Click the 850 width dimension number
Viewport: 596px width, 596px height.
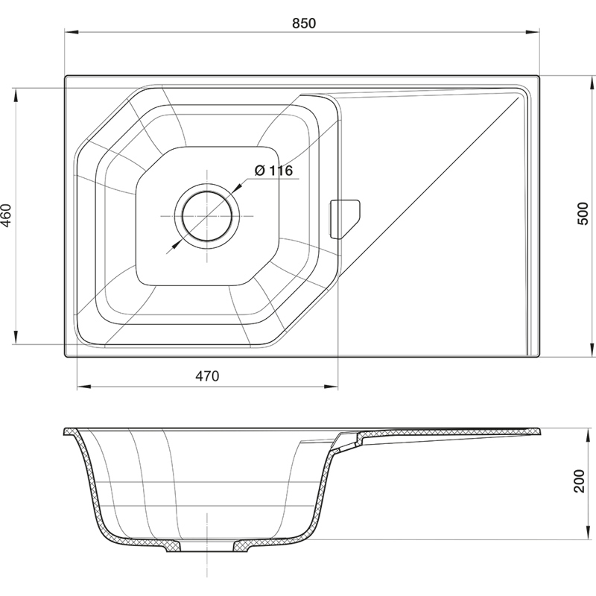tap(304, 24)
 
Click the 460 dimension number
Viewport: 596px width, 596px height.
tap(7, 215)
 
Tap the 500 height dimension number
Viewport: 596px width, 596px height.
tap(583, 214)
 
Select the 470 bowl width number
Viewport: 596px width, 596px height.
tap(207, 376)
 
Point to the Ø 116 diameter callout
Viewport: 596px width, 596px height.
tap(273, 171)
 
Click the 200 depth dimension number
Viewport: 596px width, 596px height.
tap(579, 481)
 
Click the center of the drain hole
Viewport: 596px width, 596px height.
tap(207, 216)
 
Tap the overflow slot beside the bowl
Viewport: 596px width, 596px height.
tap(344, 219)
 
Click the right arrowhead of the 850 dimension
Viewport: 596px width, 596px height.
tap(532, 33)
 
